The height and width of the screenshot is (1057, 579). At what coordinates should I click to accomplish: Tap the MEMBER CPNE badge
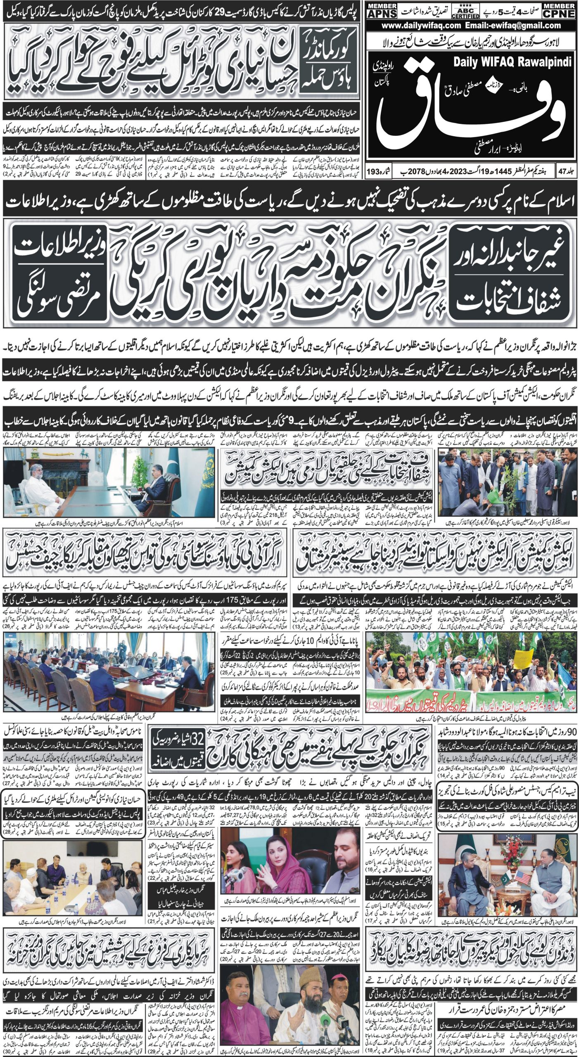click(x=560, y=10)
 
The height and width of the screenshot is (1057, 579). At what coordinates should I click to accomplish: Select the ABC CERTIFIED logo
click(x=465, y=10)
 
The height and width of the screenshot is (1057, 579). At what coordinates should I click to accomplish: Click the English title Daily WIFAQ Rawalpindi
click(x=512, y=62)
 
